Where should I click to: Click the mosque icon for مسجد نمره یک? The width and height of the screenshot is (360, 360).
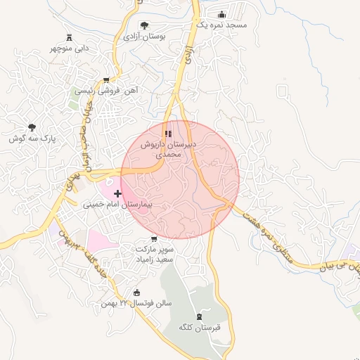click(x=222, y=15)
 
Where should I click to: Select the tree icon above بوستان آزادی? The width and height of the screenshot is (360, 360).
click(x=144, y=25)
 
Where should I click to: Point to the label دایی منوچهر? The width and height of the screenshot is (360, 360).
click(x=69, y=49)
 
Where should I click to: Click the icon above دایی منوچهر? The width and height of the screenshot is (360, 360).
click(x=69, y=37)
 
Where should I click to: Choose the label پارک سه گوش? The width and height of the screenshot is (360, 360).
click(x=32, y=139)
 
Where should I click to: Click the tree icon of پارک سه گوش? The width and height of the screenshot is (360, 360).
click(x=32, y=127)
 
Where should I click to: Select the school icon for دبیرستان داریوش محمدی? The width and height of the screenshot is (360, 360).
click(x=168, y=133)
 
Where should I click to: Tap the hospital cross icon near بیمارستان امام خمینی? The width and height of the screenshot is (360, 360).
click(x=117, y=193)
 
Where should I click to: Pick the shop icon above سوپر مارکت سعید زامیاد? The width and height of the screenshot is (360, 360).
click(x=154, y=239)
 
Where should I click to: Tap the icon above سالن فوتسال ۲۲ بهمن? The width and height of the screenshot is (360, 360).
click(x=137, y=293)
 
